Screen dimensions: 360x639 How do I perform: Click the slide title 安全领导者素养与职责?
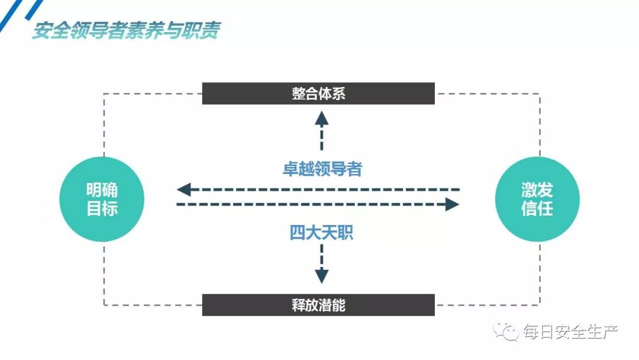click(x=125, y=30)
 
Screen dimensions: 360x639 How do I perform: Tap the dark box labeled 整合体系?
click(x=318, y=94)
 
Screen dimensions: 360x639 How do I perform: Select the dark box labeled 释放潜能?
click(x=318, y=305)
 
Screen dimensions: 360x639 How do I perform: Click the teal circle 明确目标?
click(x=102, y=199)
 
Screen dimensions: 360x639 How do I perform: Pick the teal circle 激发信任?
click(x=537, y=199)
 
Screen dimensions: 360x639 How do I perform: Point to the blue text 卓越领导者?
click(x=322, y=169)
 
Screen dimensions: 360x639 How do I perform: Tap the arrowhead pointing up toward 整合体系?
click(x=321, y=117)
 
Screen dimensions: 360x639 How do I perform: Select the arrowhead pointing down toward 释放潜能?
click(x=321, y=275)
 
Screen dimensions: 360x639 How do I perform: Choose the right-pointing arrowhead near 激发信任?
click(x=452, y=205)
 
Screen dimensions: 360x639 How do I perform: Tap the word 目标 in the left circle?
click(x=102, y=208)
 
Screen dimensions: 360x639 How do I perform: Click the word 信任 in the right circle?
click(x=537, y=208)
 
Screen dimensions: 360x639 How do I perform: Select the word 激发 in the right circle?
click(x=537, y=190)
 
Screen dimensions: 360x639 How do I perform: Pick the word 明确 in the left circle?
click(x=102, y=190)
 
